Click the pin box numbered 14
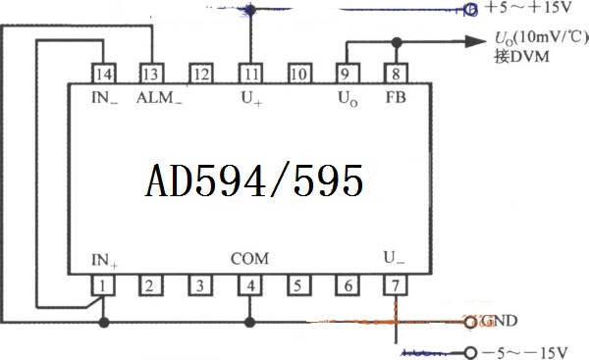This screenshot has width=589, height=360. click(103, 74)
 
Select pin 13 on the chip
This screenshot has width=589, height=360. click(151, 74)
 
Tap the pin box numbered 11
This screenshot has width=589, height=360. click(250, 74)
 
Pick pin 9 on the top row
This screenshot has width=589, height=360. click(348, 74)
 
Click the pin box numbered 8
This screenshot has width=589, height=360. click(396, 74)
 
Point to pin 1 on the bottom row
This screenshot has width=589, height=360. click(103, 285)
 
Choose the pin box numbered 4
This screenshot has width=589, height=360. click(249, 285)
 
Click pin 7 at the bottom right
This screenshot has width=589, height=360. click(396, 285)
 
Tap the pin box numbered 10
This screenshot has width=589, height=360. click(299, 74)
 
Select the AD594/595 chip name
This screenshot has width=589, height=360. click(254, 180)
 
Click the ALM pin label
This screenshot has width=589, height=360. click(159, 98)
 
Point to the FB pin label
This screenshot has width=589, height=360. click(396, 97)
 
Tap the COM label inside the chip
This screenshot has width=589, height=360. click(249, 259)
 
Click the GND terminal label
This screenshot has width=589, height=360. click(500, 321)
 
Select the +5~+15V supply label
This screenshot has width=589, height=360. click(528, 8)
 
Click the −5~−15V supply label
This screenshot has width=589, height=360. click(524, 353)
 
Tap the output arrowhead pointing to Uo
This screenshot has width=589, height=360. click(475, 41)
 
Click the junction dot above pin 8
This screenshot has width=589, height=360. click(397, 42)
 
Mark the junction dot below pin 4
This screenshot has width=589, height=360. click(249, 322)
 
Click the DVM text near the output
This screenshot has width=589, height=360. click(530, 57)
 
